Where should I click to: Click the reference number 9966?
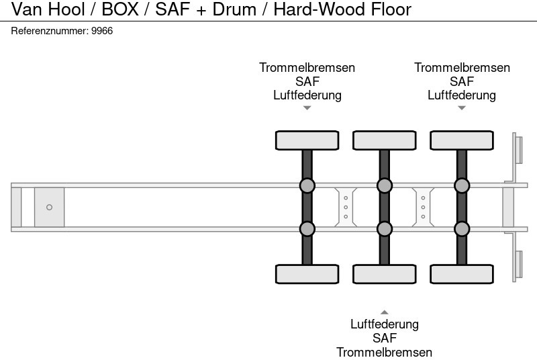103,31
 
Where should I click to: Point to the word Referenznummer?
50,31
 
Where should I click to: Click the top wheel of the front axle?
307,140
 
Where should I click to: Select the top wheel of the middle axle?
384,140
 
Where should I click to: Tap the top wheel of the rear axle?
462,140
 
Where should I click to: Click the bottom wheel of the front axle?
307,274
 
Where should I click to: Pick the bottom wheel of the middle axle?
384,274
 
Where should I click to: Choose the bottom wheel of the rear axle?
462,274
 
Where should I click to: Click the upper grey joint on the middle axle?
384,185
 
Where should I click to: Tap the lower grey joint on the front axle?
307,229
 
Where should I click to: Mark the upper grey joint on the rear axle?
462,185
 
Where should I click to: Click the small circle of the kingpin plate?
49,208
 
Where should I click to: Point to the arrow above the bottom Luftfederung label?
384,312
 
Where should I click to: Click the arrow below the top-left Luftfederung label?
307,107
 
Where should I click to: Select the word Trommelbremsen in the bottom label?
384,352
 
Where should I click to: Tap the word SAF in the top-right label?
462,81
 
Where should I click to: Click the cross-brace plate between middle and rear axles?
423,207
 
